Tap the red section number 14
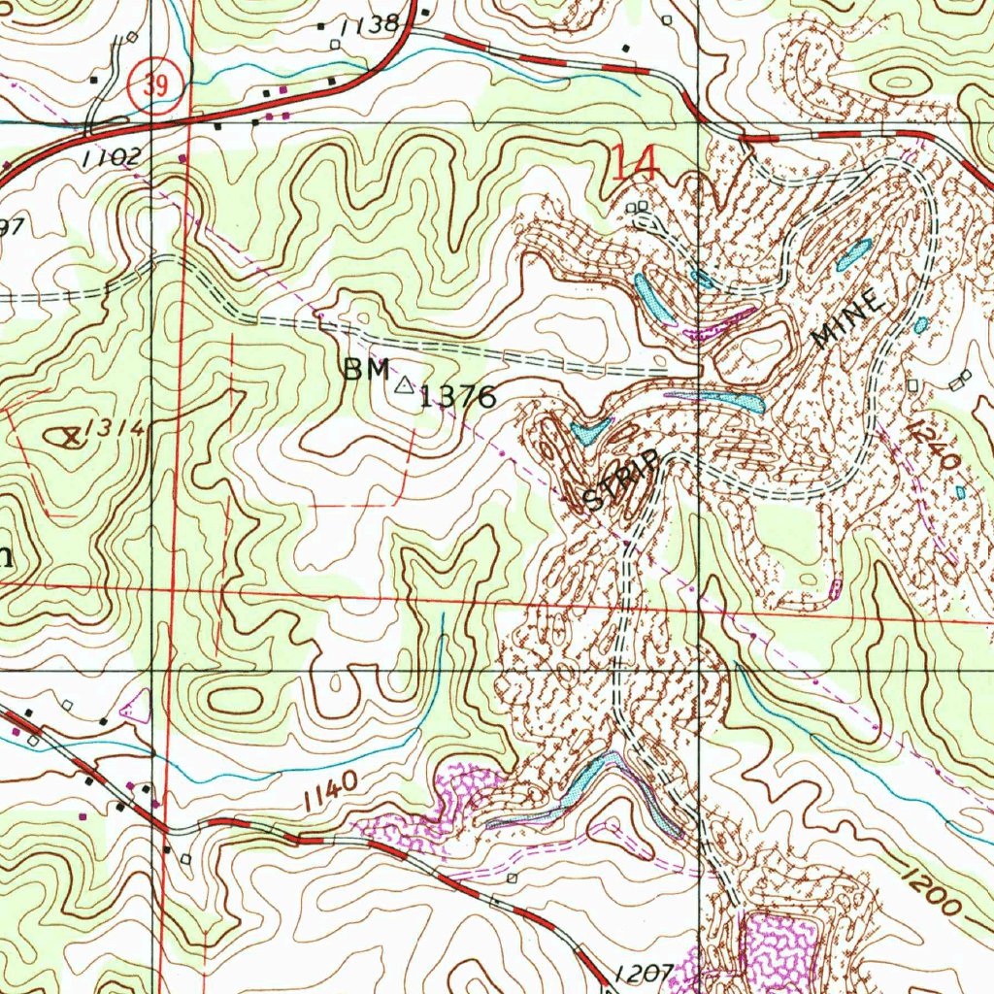[x=636, y=162]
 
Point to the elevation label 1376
[x=457, y=396]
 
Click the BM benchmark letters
[x=366, y=370]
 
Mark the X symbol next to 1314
[x=69, y=437]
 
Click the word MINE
[x=849, y=320]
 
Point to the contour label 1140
[x=330, y=792]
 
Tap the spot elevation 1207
[x=644, y=972]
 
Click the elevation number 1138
[x=371, y=25]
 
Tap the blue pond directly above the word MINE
[x=853, y=254]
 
